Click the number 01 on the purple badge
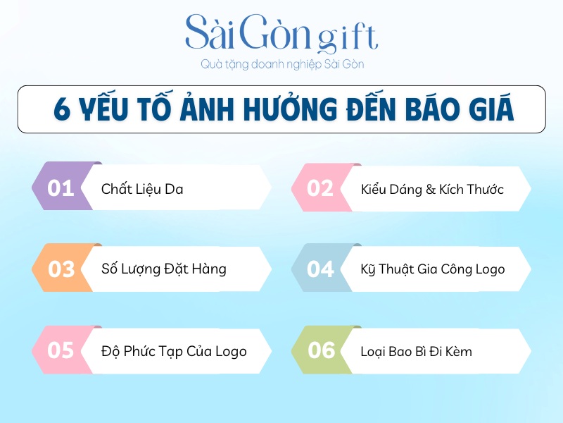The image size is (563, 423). coord(61,189)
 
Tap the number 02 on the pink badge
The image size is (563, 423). coord(320,189)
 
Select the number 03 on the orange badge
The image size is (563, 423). coord(61,269)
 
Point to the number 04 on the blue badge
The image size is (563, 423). coord(320,269)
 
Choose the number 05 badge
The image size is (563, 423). coord(61,350)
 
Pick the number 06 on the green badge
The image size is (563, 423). coord(321,350)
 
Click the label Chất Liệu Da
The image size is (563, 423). coord(142,189)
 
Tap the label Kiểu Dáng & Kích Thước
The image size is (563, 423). coord(432,189)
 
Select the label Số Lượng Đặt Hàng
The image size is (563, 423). coord(163,269)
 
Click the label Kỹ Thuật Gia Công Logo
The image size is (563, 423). coord(432,269)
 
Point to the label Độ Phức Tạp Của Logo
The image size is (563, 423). coord(174,350)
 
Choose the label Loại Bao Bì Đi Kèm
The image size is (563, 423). coord(416,350)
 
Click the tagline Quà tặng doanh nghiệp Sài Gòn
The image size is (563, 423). coord(281,65)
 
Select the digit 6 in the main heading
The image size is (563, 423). coord(62,111)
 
